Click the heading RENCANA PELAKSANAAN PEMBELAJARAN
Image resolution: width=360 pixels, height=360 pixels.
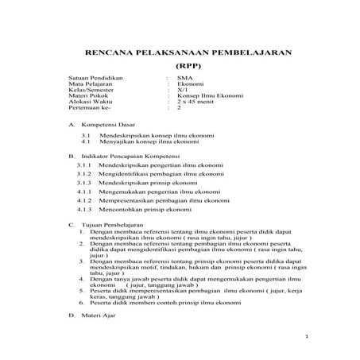(x=188, y=53)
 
